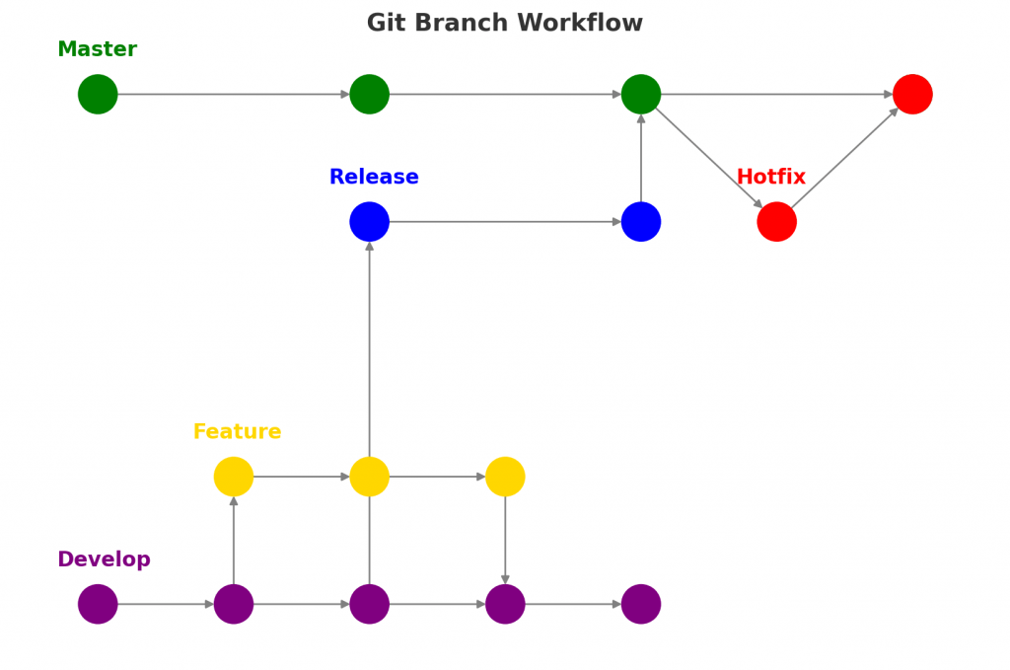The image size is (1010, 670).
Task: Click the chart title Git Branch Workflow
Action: tap(504, 24)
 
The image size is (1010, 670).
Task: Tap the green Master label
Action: tap(97, 49)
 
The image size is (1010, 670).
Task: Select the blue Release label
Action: tap(374, 178)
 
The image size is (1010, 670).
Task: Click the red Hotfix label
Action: tap(770, 178)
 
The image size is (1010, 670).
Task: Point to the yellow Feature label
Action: tap(237, 432)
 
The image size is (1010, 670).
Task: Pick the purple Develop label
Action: tap(104, 559)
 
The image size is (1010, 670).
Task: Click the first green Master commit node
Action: tap(98, 95)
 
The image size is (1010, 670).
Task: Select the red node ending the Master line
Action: tap(912, 95)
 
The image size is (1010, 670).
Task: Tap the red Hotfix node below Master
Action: tap(776, 222)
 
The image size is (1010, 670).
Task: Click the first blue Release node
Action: tap(369, 222)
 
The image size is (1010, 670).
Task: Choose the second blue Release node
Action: tap(641, 222)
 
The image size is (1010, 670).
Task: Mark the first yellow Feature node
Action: tap(234, 477)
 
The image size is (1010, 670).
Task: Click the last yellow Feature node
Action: tap(505, 477)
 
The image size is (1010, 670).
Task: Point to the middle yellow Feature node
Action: tap(369, 477)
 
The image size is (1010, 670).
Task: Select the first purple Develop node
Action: tap(98, 604)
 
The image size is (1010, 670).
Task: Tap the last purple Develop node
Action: tap(641, 604)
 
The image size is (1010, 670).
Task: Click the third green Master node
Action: tap(641, 95)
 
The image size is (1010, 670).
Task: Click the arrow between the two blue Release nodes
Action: tap(505, 222)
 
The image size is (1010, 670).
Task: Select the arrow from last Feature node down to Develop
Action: tap(505, 540)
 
